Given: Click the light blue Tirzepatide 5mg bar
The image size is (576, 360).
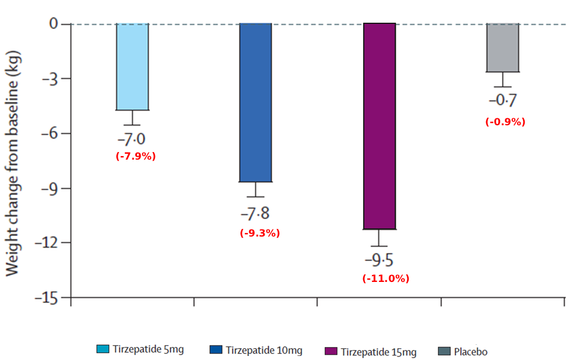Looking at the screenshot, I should coord(132,66).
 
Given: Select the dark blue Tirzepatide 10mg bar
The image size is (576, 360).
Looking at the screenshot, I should coord(256,103).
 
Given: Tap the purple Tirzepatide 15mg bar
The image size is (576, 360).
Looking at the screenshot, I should coord(380,126).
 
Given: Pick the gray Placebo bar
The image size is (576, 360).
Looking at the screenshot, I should coord(503,48).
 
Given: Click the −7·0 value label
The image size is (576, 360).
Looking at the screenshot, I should coord(132,140).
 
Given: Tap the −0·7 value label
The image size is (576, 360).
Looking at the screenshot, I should coord(503,101).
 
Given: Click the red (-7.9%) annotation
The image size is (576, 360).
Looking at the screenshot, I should coord(136,156).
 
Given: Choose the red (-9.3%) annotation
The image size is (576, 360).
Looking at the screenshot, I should coord(260,233).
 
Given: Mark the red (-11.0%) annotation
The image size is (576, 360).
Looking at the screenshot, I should coord(385,278).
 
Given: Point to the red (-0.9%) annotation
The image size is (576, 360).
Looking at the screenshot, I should coord(505,122).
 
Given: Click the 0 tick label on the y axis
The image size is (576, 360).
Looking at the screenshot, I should coord(54,24).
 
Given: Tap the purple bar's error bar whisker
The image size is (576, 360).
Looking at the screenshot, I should coord(380,238).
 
